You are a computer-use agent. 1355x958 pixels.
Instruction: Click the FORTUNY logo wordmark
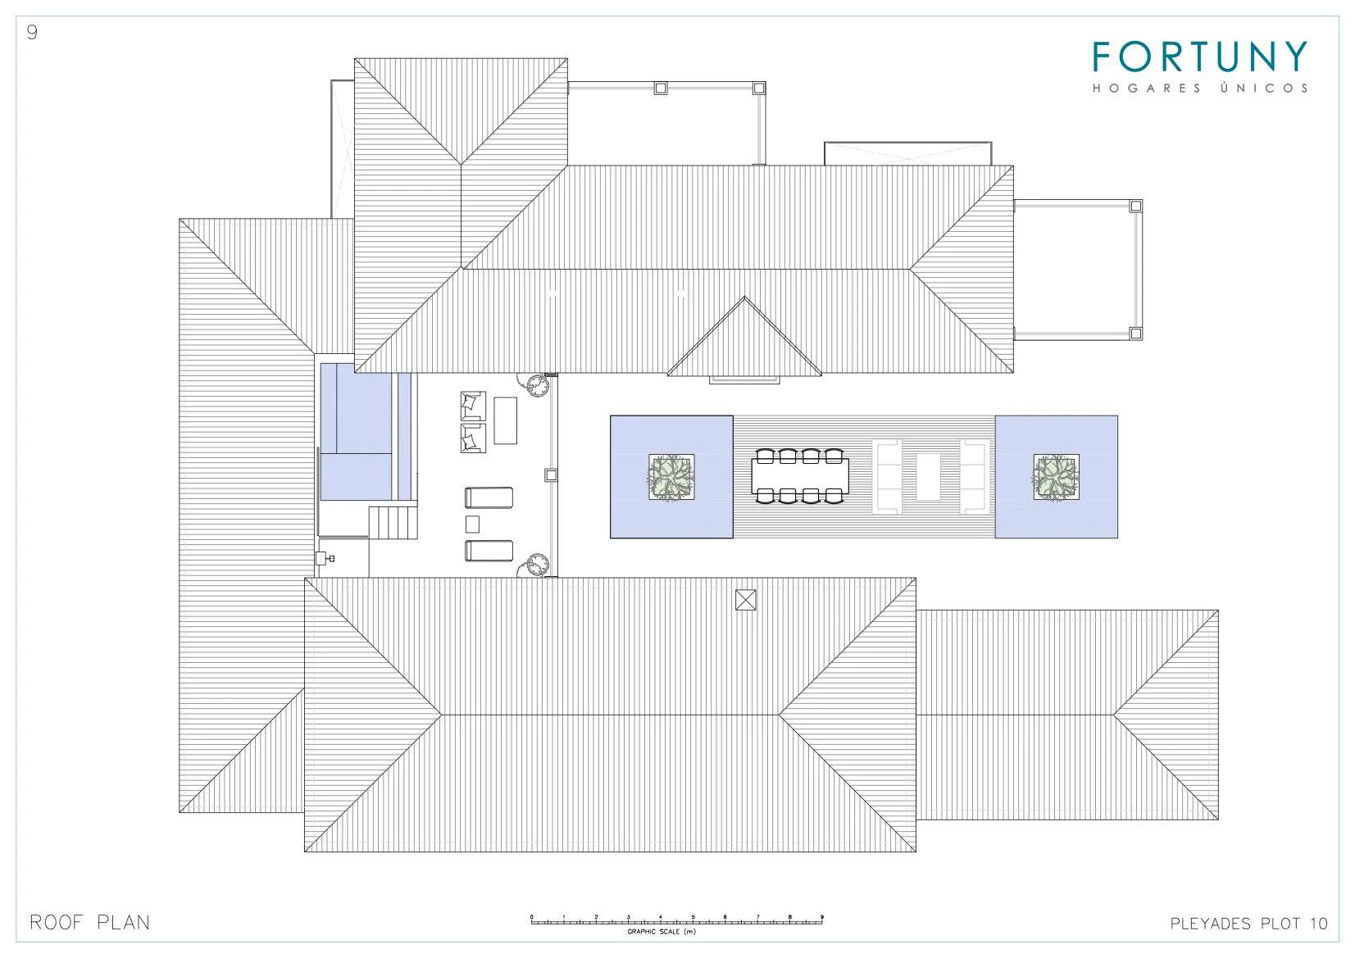pyautogui.click(x=1200, y=57)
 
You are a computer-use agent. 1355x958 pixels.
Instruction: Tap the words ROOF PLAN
pyautogui.click(x=89, y=922)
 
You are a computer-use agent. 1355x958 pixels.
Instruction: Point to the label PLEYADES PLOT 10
pyautogui.click(x=1249, y=924)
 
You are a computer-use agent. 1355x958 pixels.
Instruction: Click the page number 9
pyautogui.click(x=32, y=33)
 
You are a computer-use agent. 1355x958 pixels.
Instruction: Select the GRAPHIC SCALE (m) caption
pyautogui.click(x=662, y=932)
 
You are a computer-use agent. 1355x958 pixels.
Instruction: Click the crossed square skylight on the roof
pyautogui.click(x=745, y=600)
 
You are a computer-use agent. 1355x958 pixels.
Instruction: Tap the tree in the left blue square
pyautogui.click(x=671, y=477)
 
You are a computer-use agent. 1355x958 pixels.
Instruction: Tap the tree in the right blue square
pyautogui.click(x=1056, y=477)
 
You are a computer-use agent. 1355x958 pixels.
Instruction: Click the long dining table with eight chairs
pyautogui.click(x=800, y=476)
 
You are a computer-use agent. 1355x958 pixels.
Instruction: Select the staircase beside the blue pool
pyautogui.click(x=393, y=523)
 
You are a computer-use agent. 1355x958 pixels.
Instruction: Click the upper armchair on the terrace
pyautogui.click(x=473, y=406)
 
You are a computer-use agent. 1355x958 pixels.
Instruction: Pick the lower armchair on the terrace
pyautogui.click(x=473, y=438)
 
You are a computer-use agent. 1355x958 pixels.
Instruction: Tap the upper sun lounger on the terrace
pyautogui.click(x=489, y=497)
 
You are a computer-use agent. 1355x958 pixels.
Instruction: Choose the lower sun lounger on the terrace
pyautogui.click(x=489, y=551)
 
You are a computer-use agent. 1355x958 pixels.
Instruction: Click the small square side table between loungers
pyautogui.click(x=472, y=524)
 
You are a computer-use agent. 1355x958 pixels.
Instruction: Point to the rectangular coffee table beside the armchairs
pyautogui.click(x=505, y=420)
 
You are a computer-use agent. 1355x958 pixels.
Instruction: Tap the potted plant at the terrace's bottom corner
pyautogui.click(x=534, y=565)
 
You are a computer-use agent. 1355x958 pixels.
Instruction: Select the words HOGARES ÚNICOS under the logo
pyautogui.click(x=1200, y=88)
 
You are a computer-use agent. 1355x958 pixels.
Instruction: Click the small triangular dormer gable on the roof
pyautogui.click(x=744, y=336)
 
